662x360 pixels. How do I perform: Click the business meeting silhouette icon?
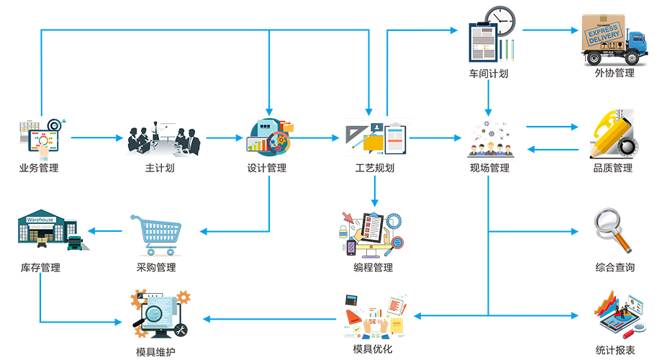tap(162, 139)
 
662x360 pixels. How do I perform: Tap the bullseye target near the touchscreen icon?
tap(55, 127)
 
